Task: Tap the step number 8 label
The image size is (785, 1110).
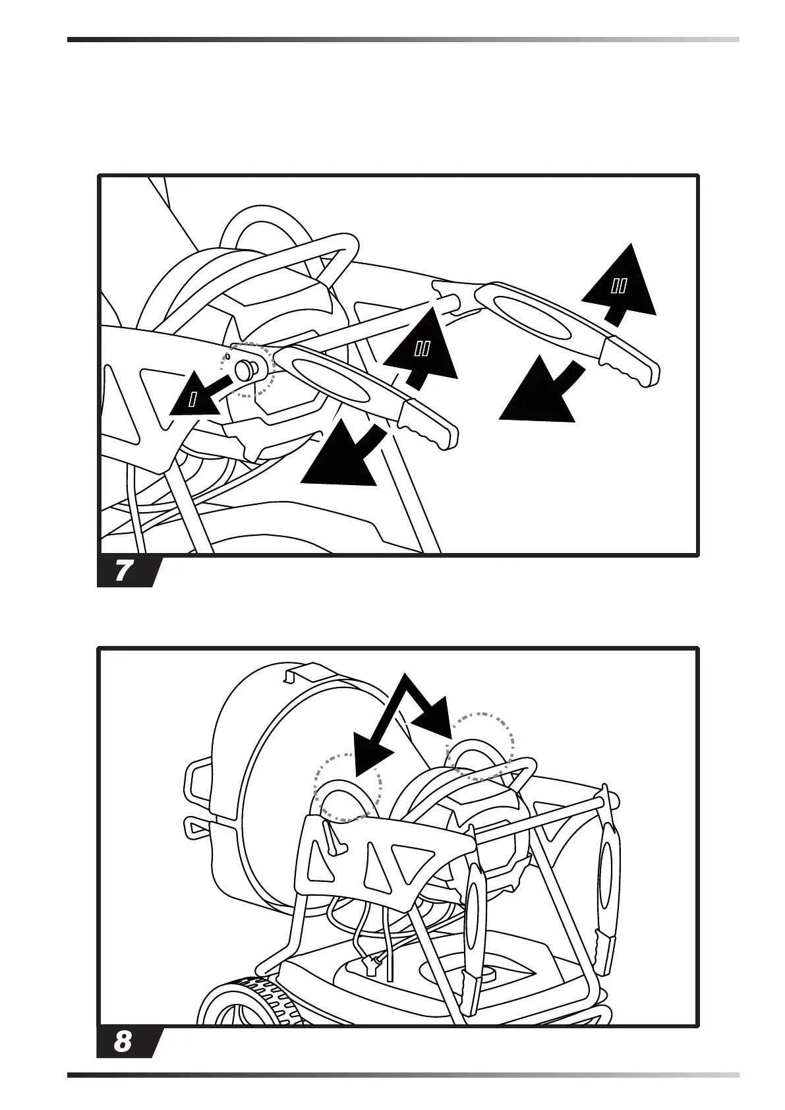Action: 123,1042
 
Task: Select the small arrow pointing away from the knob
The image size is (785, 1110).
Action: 196,397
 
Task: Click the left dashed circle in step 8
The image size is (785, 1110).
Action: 347,787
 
